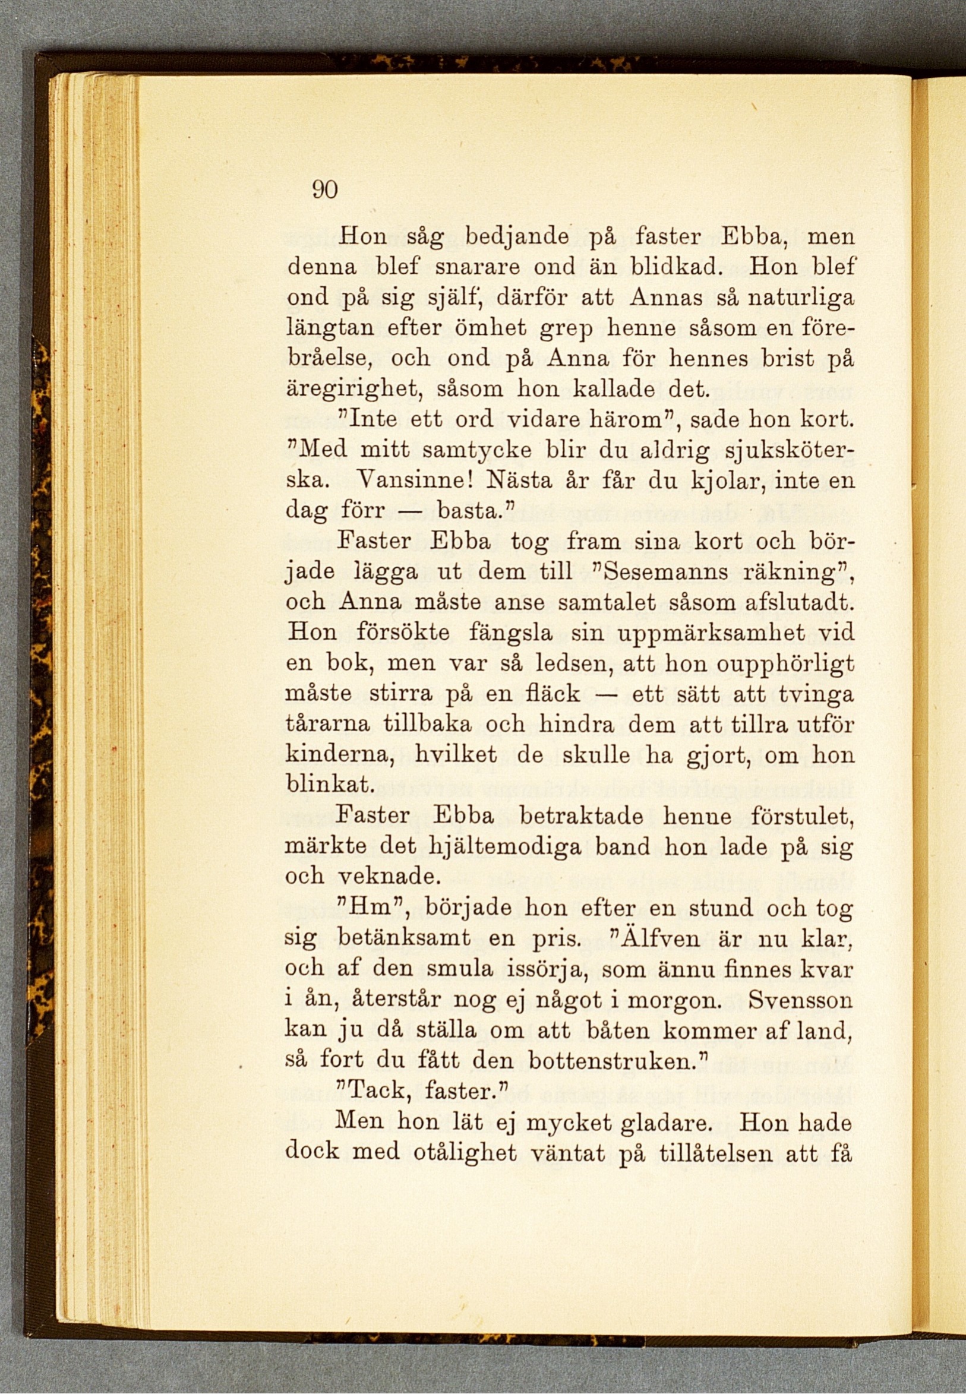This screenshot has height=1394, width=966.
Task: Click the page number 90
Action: [324, 191]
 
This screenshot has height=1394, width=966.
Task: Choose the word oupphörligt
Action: [785, 663]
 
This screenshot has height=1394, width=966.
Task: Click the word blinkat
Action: [327, 786]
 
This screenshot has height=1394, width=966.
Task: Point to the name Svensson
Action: [800, 1000]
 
